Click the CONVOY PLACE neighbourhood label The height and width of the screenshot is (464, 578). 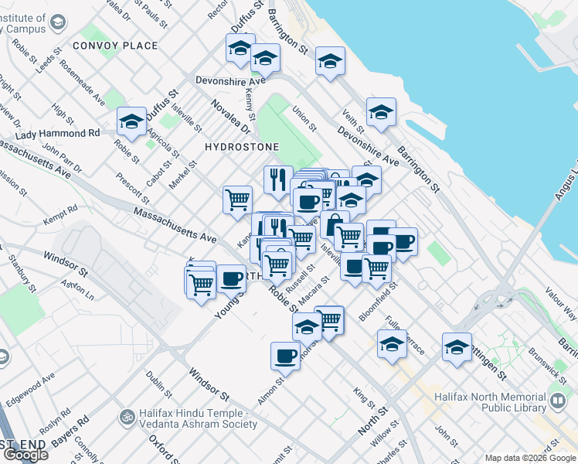115,46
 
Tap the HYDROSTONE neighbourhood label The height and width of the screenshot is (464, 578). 241,146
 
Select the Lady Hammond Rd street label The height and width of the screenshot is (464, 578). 58,133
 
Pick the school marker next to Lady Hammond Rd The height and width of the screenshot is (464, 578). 132,121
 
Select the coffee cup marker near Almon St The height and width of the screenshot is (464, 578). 285,356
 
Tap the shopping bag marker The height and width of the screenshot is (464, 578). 335,225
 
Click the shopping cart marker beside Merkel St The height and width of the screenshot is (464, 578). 237,199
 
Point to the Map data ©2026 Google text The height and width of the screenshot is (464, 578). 529,458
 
